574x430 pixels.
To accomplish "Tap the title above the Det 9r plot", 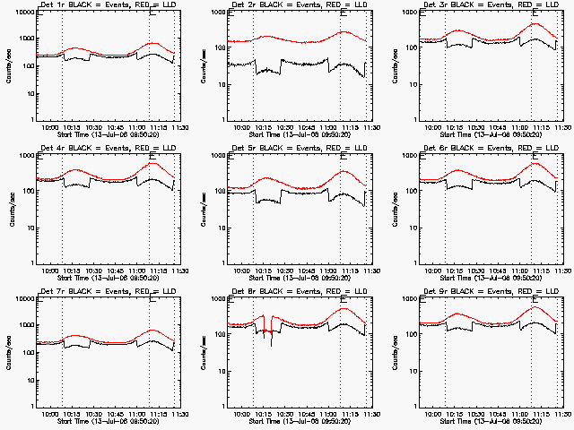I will [491, 293].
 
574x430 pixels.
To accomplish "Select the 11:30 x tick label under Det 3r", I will [557, 128].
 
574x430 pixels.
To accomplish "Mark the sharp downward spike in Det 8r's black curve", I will [271, 344].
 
